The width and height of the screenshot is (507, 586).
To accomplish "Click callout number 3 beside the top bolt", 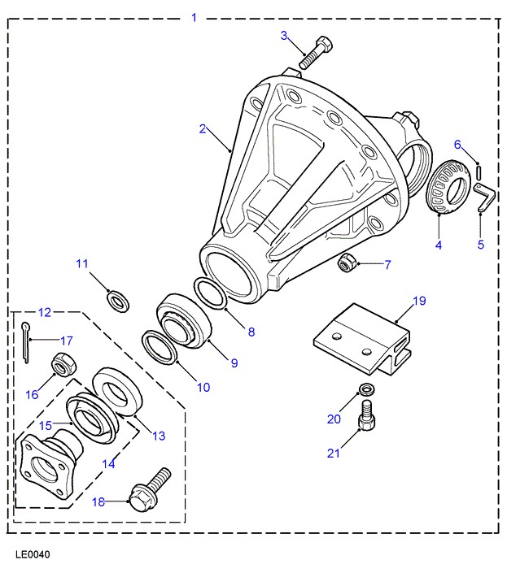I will (x=284, y=35).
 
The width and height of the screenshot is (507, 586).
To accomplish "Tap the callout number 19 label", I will (x=419, y=301).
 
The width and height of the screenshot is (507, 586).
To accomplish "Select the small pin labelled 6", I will (x=480, y=171).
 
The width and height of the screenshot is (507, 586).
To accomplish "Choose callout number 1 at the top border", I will (x=194, y=16).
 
